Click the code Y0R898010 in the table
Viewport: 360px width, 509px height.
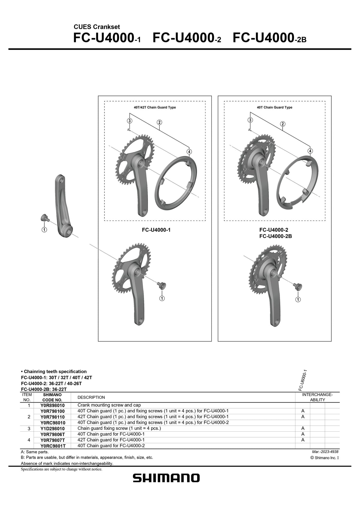pyautogui.click(x=52, y=405)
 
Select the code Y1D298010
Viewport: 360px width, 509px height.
pyautogui.click(x=52, y=429)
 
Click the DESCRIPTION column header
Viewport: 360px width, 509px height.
pyautogui.click(x=91, y=397)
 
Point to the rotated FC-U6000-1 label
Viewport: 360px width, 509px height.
pyautogui.click(x=303, y=380)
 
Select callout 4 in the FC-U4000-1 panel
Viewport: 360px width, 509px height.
pyautogui.click(x=189, y=151)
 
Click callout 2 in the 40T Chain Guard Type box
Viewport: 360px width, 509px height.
pyautogui.click(x=283, y=124)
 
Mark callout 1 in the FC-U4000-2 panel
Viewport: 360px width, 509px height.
pyautogui.click(x=298, y=300)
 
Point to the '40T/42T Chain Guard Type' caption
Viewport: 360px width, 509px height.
pyautogui.click(x=155, y=107)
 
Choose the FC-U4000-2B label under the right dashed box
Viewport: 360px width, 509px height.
pyautogui.click(x=275, y=236)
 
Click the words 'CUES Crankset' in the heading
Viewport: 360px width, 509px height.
pyautogui.click(x=97, y=27)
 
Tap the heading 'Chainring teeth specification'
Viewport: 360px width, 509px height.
pyautogui.click(x=54, y=372)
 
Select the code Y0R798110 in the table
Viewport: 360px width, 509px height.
pyautogui.click(x=52, y=417)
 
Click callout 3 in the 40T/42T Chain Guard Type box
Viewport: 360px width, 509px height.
pyautogui.click(x=129, y=121)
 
